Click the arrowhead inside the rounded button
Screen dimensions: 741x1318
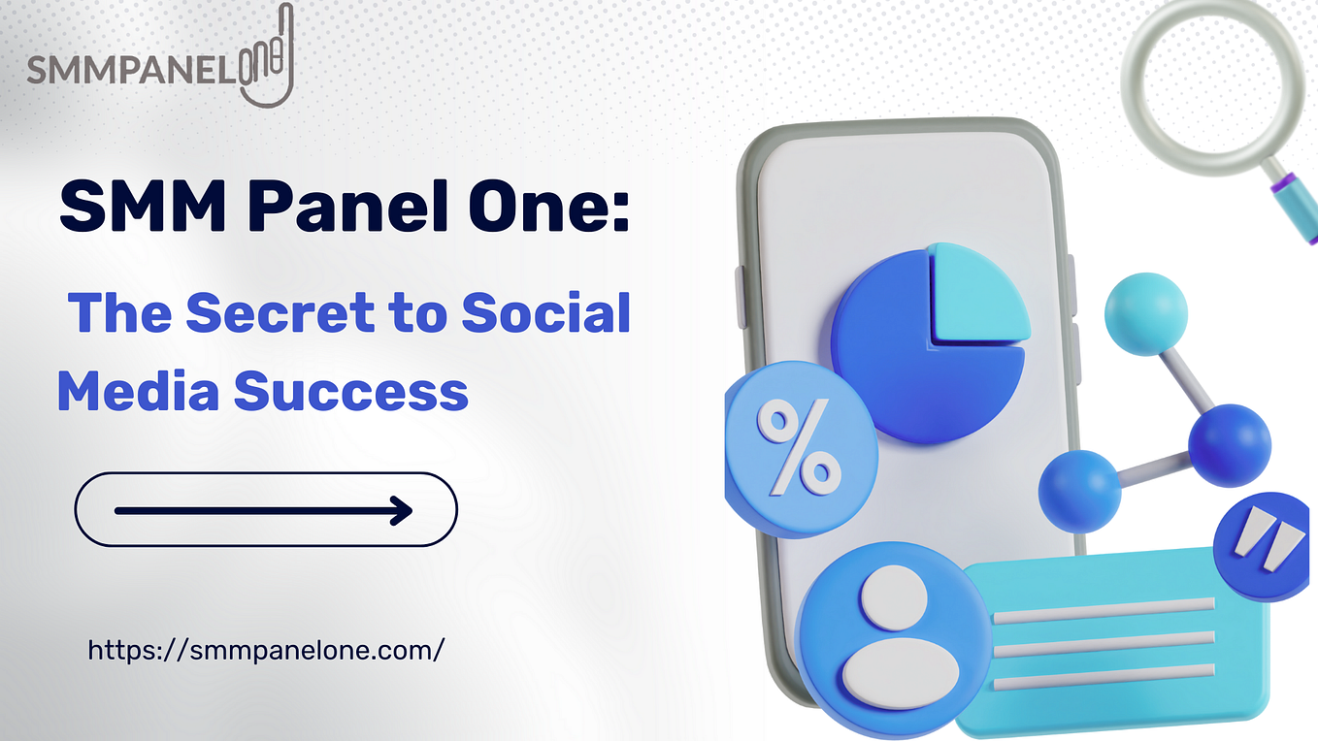400,509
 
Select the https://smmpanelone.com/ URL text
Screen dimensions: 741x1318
266,649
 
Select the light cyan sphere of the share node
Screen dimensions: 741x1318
1146,313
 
